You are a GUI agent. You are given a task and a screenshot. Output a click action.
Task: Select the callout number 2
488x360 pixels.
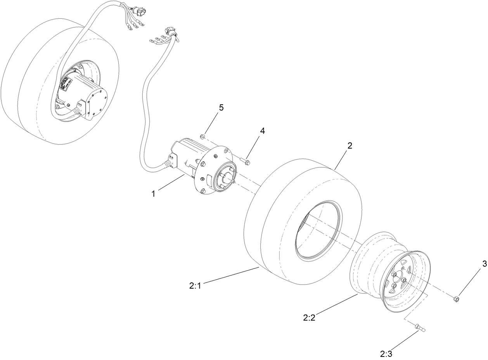[350, 146]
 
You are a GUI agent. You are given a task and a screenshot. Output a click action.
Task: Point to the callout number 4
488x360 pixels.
[263, 131]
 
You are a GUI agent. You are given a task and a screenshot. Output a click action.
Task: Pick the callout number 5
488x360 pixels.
[221, 107]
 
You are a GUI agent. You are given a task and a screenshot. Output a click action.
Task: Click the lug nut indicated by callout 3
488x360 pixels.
[457, 299]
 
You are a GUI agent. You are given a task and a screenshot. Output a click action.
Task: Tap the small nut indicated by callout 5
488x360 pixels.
[202, 136]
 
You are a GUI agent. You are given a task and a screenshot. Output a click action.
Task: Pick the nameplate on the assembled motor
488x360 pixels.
[65, 85]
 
